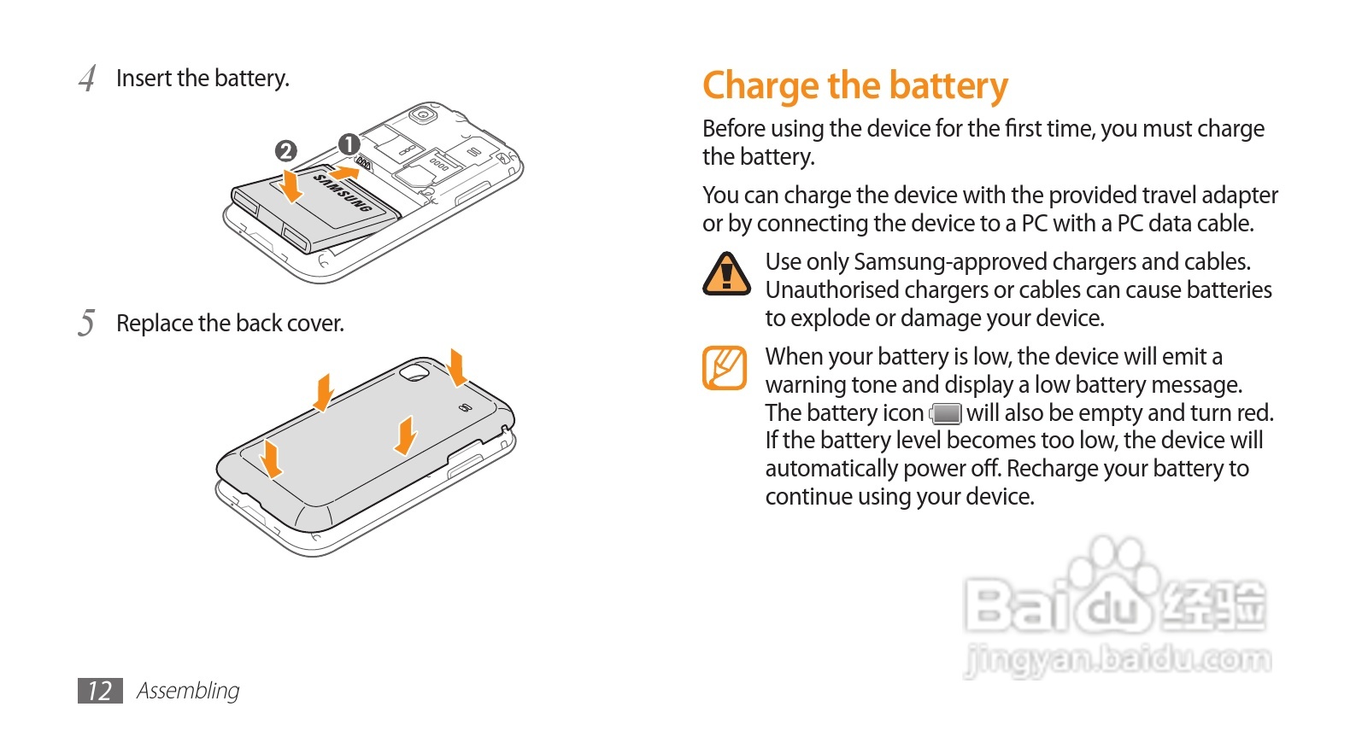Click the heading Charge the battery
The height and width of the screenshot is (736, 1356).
point(854,86)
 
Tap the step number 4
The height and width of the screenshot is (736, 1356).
point(87,79)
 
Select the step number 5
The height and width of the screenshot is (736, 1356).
point(86,324)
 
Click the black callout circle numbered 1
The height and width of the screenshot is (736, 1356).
point(349,144)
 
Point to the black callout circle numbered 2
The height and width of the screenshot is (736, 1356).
point(285,151)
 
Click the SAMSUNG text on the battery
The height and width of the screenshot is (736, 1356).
point(343,193)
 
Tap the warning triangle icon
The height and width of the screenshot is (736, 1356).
point(726,274)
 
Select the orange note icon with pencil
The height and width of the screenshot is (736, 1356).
point(725,367)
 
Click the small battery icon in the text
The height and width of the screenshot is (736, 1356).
point(946,414)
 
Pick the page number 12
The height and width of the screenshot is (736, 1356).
point(100,691)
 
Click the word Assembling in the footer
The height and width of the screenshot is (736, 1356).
point(188,691)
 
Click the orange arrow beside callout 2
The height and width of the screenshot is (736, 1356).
point(291,185)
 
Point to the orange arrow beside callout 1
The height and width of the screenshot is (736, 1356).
point(343,172)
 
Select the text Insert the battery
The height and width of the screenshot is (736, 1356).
point(203,79)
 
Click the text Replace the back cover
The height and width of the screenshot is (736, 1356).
point(230,324)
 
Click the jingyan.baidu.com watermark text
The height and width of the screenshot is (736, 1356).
point(1118,660)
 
